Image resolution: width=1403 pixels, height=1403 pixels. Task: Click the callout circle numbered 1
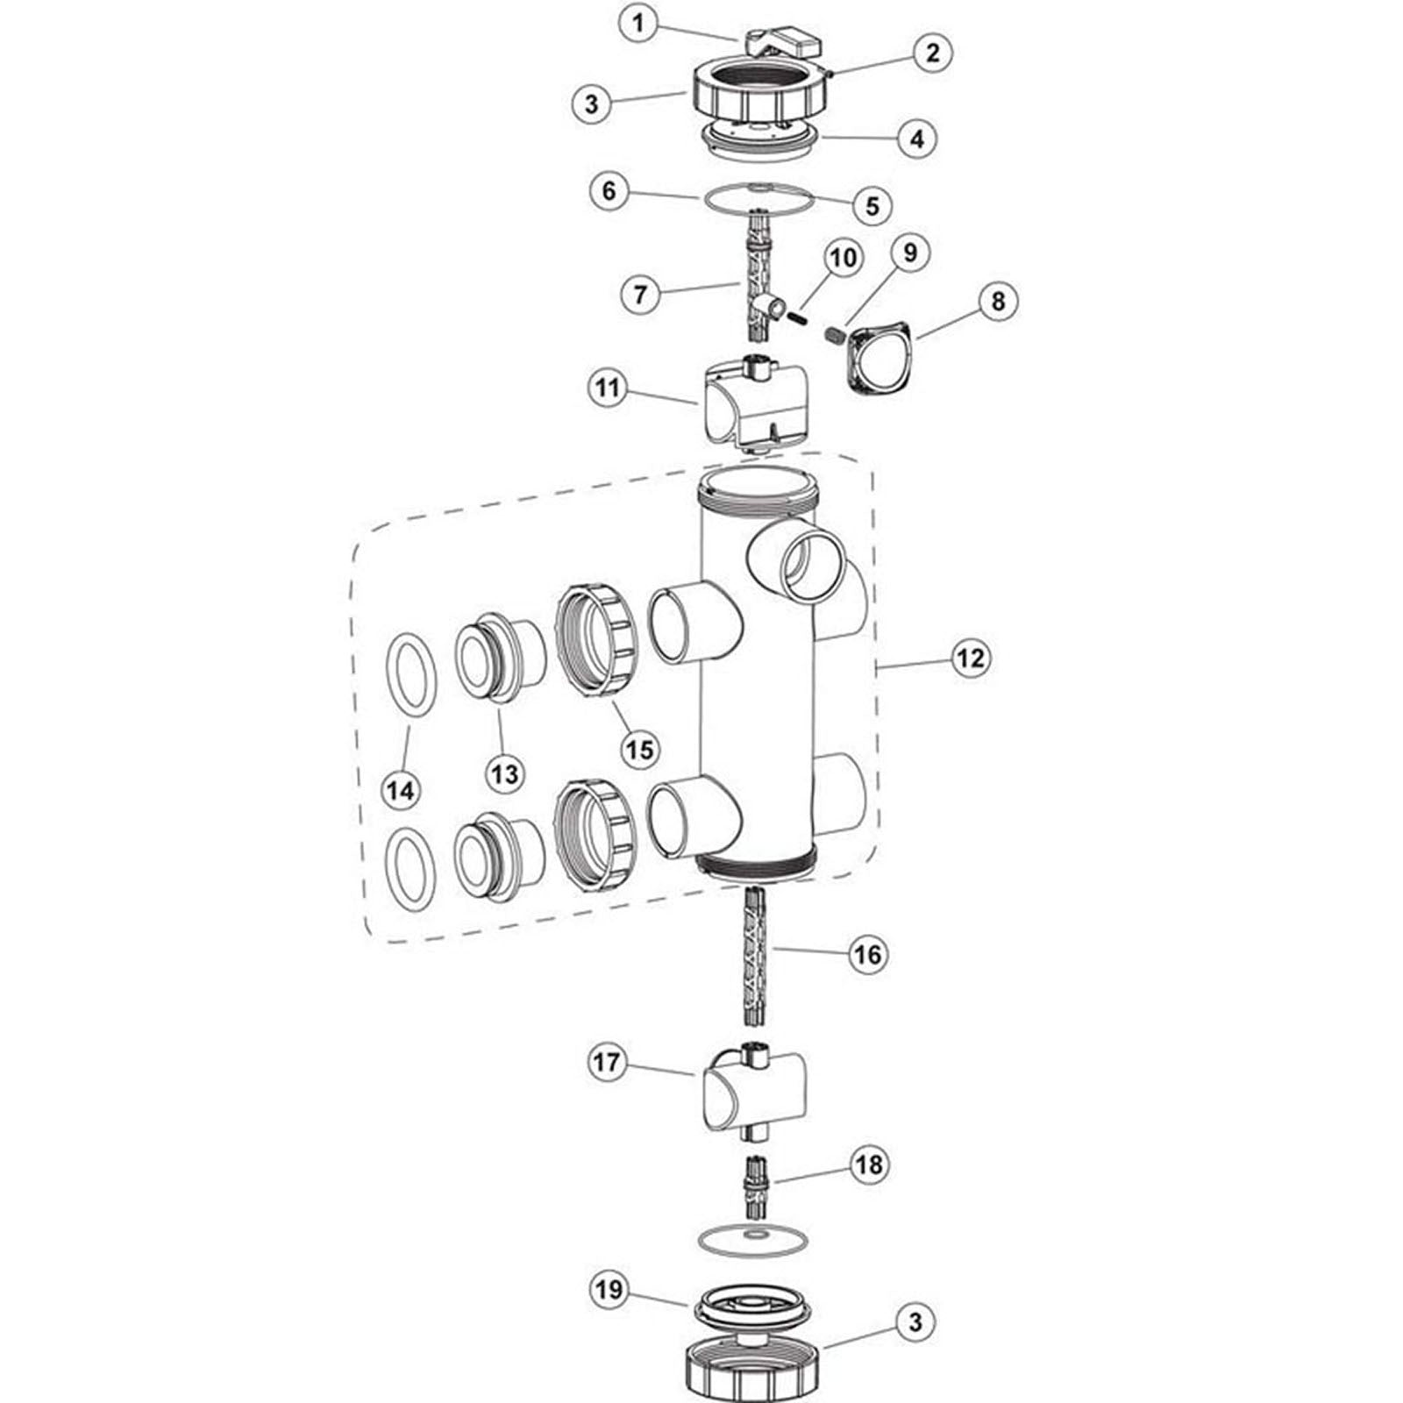coord(638,24)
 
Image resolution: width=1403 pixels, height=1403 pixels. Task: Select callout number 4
coord(916,139)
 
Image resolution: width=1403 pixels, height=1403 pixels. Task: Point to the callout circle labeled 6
coord(609,191)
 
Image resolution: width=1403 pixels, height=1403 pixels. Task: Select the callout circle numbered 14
coord(400,790)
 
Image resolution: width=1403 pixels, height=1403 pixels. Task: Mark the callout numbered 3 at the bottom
coord(915,1321)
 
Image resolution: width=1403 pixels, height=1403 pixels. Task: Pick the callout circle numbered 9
coord(909,253)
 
